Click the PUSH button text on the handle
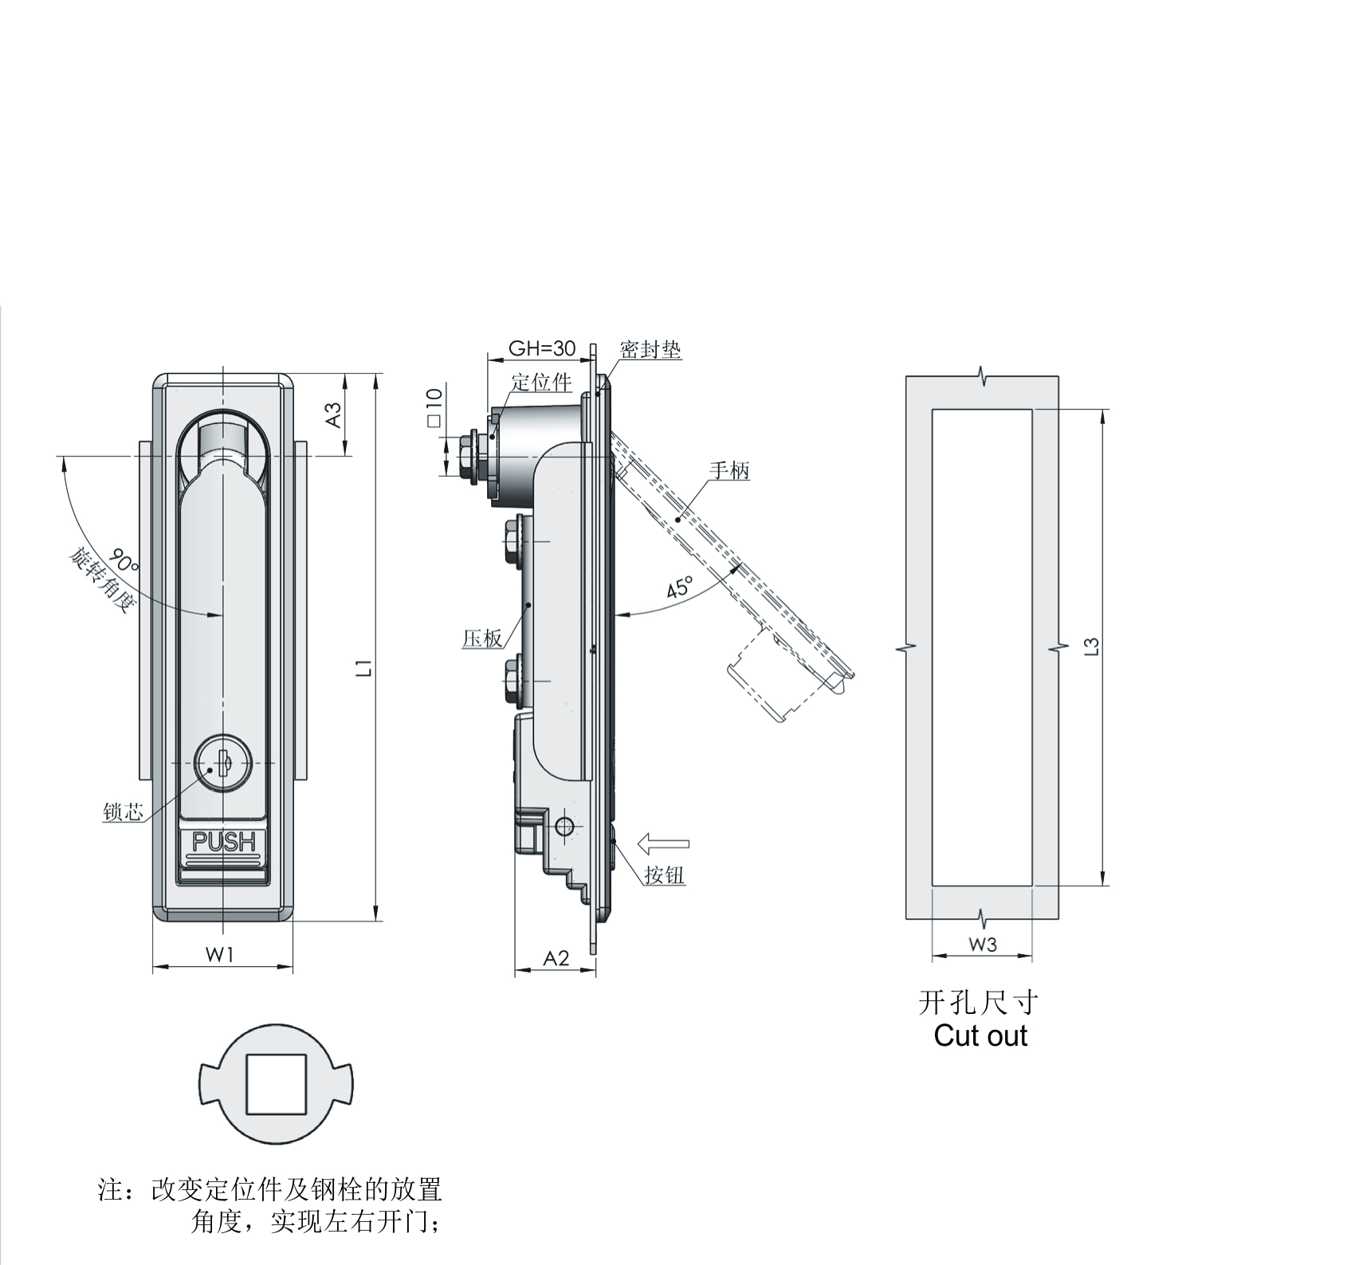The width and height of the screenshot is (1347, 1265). pyautogui.click(x=224, y=842)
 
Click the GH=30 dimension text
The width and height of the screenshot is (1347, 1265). pyautogui.click(x=542, y=348)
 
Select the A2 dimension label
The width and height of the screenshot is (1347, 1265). pyautogui.click(x=556, y=958)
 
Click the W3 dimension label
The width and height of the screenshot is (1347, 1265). pyautogui.click(x=983, y=945)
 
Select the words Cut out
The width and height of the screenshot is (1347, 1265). pyautogui.click(x=980, y=1036)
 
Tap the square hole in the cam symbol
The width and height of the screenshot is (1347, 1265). pyautogui.click(x=276, y=1084)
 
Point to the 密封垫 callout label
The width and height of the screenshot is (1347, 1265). pyautogui.click(x=650, y=349)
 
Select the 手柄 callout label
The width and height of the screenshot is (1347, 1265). pyautogui.click(x=729, y=470)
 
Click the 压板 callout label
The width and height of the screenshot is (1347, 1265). pyautogui.click(x=482, y=638)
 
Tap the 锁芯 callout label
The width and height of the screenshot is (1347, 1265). pyautogui.click(x=124, y=812)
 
